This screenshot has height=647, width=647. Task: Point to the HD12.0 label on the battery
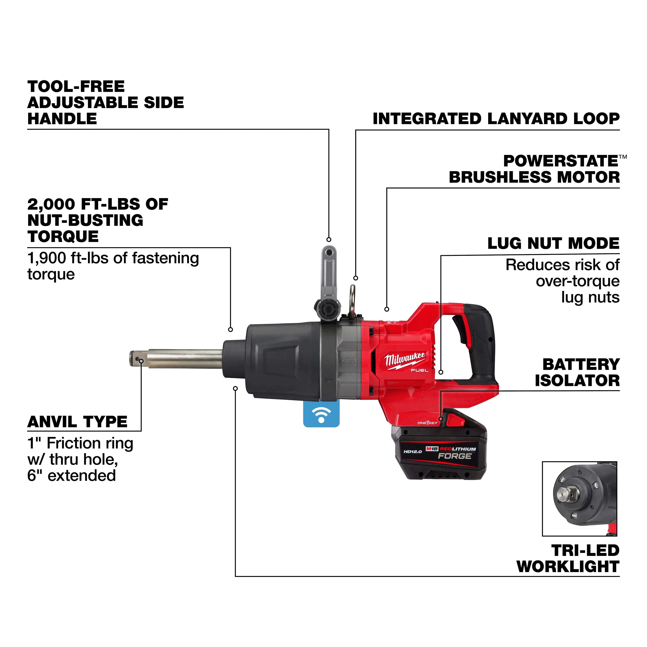[413, 452]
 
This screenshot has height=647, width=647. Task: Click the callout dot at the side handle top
[329, 239]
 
